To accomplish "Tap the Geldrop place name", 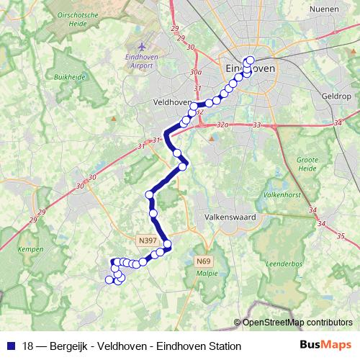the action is click(x=336, y=96).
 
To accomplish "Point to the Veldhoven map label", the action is click(x=171, y=103).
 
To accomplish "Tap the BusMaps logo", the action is click(x=331, y=345).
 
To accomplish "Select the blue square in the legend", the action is click(x=9, y=346).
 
